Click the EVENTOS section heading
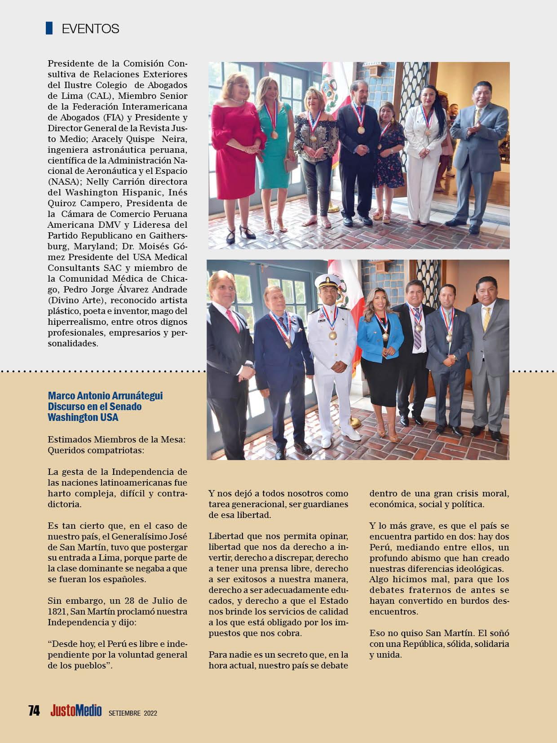tap(90, 29)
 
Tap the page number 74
tap(34, 711)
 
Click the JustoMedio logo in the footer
tap(76, 711)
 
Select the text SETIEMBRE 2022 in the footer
tap(133, 713)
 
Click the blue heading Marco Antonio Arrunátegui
tap(105, 396)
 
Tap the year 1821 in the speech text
tap(57, 611)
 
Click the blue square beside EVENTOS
tap(49, 28)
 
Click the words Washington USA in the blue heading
tap(83, 417)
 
